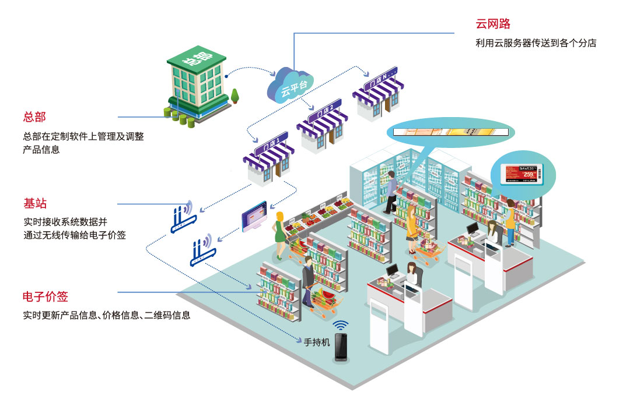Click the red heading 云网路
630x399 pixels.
click(x=493, y=24)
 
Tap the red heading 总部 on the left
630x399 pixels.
click(x=34, y=116)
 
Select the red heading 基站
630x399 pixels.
click(x=35, y=204)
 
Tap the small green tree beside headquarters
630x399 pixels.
click(x=235, y=96)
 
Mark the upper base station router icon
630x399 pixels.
click(x=184, y=218)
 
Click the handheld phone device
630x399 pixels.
click(x=341, y=348)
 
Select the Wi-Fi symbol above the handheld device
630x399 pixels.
click(x=341, y=325)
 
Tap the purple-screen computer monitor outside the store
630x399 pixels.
click(x=254, y=216)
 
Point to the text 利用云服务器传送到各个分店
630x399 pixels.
click(x=535, y=43)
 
